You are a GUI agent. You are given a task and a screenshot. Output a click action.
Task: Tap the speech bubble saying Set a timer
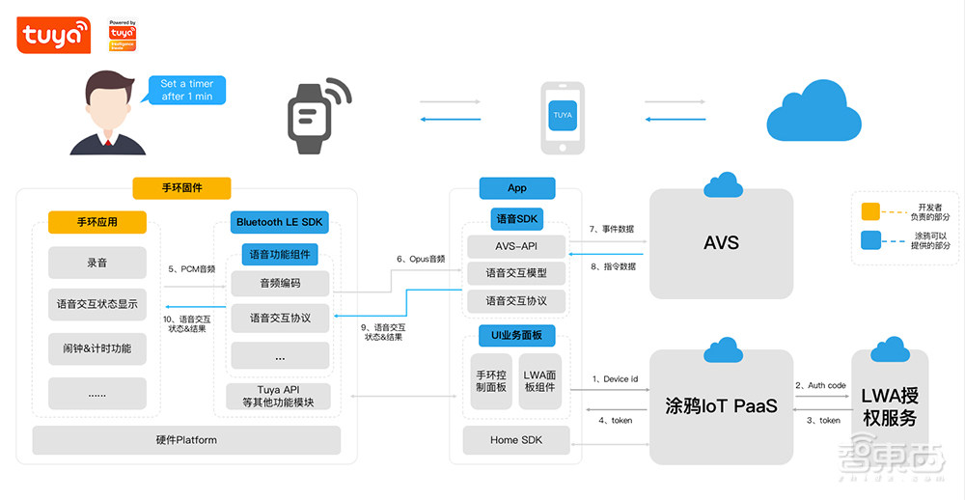(x=186, y=90)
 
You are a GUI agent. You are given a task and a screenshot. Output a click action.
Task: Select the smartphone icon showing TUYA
(x=563, y=117)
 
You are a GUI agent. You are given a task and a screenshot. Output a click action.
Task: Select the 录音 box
(x=96, y=263)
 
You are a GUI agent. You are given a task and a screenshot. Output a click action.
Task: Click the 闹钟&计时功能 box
(x=96, y=348)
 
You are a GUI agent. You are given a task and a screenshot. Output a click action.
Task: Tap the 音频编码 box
(x=280, y=284)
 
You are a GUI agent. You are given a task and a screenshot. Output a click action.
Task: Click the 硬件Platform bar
(x=186, y=440)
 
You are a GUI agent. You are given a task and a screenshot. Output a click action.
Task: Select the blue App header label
(x=517, y=188)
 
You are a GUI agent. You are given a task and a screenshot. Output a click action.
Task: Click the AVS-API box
(x=516, y=246)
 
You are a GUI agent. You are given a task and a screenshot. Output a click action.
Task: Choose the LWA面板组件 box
(x=539, y=380)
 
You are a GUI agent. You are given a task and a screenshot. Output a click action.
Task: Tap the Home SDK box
(x=516, y=440)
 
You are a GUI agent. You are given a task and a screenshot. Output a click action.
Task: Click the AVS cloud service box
(x=721, y=243)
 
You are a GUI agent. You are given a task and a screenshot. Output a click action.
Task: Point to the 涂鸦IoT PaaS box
(x=721, y=405)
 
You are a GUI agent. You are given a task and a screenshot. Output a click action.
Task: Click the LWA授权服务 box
(x=889, y=405)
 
